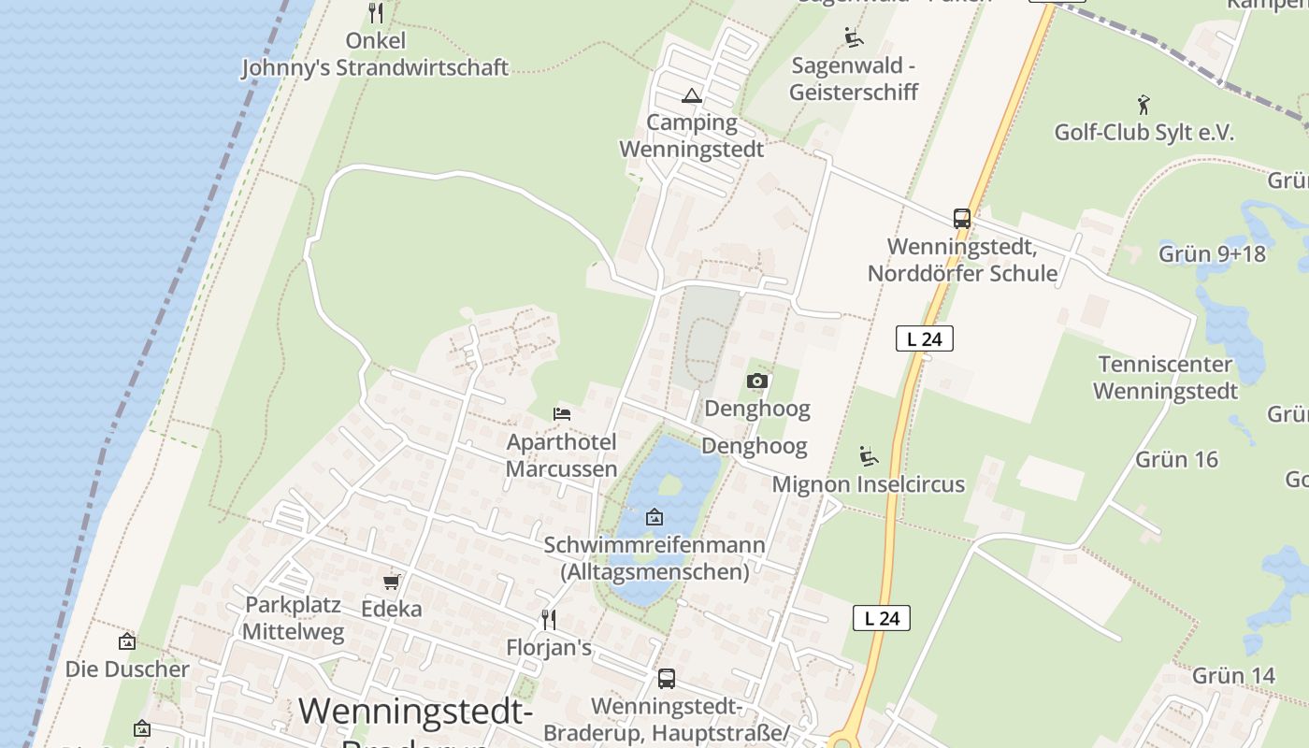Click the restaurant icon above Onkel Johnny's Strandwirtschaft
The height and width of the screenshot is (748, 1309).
coord(376,13)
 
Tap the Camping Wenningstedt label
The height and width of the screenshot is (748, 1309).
coord(692,136)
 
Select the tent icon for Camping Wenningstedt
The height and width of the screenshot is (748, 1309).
coord(691,95)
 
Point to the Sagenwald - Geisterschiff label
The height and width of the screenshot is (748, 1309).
coord(854,79)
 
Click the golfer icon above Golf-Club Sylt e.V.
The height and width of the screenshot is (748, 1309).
coord(1143,104)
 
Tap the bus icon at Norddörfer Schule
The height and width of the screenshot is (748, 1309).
coord(961,219)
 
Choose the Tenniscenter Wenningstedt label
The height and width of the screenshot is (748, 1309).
coord(1165,377)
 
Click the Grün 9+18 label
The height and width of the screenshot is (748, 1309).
coord(1212,253)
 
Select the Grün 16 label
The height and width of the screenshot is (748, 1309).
coord(1177,459)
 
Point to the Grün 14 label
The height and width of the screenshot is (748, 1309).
coord(1233,675)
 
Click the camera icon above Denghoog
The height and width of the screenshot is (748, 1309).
coord(757,381)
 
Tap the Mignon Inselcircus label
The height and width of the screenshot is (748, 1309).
coord(868,484)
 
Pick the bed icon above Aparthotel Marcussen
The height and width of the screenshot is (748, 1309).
coord(562,413)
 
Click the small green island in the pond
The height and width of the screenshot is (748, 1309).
coord(669,485)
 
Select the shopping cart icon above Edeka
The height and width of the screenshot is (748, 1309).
coord(391,582)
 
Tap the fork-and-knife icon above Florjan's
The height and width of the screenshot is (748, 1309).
coord(549,619)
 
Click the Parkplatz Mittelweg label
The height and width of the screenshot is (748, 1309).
coord(294,618)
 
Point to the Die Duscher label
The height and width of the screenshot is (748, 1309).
coord(127,669)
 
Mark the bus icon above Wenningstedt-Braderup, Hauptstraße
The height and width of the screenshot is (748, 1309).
coord(666,679)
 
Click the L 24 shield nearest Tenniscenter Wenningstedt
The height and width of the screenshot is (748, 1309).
coord(924,338)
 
